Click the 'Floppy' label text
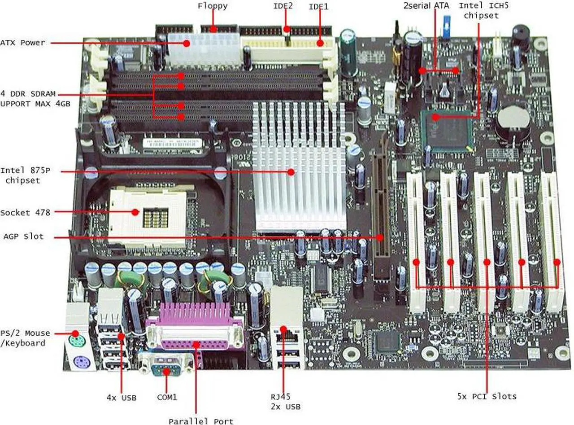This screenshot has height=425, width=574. (213, 6)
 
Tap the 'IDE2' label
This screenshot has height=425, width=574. (284, 7)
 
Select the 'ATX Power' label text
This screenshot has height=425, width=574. (22, 43)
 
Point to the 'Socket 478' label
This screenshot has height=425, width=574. (25, 212)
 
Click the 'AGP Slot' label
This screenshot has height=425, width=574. (23, 236)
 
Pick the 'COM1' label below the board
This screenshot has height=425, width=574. (167, 397)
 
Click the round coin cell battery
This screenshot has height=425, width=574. (512, 118)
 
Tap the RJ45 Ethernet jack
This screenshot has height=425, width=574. (283, 334)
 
